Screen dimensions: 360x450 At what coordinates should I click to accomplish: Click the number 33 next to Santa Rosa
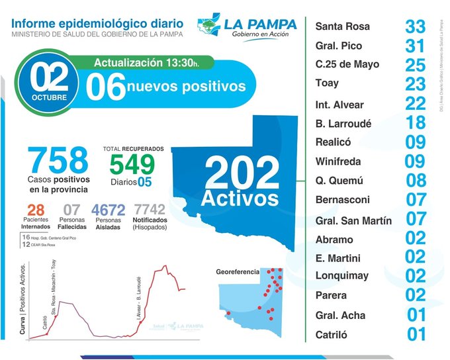pyautogui.click(x=416, y=27)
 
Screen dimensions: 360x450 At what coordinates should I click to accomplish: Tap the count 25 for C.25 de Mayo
pyautogui.click(x=416, y=66)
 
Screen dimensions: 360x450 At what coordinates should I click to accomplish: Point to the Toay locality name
pyautogui.click(x=327, y=83)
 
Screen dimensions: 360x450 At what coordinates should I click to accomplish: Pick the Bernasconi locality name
pyautogui.click(x=343, y=200)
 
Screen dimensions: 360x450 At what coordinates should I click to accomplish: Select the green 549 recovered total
pyautogui.click(x=132, y=164)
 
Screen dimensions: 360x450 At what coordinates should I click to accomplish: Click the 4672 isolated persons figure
pyautogui.click(x=109, y=210)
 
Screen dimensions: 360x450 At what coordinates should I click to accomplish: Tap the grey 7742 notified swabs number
pyautogui.click(x=149, y=210)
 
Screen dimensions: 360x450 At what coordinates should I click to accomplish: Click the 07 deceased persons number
pyautogui.click(x=71, y=210)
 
